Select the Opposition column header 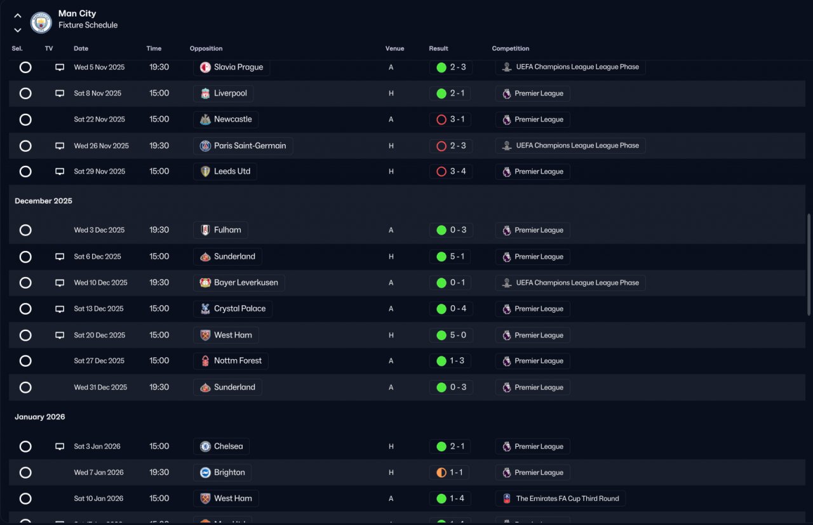click(x=206, y=48)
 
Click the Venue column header click(x=394, y=48)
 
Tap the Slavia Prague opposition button click(x=231, y=67)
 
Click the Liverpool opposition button click(x=223, y=93)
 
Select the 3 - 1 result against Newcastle click(x=450, y=119)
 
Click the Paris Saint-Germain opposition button click(x=243, y=146)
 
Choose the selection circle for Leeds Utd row click(x=25, y=172)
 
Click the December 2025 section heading click(x=44, y=201)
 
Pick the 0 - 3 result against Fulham click(x=450, y=230)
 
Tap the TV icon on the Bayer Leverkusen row click(x=60, y=283)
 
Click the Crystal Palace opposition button click(x=232, y=309)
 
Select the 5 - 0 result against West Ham click(x=450, y=335)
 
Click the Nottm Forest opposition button click(x=231, y=361)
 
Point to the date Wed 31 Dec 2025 click(x=100, y=387)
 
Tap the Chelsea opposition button click(x=221, y=446)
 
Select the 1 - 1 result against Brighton click(x=450, y=473)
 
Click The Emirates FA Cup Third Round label click(x=560, y=499)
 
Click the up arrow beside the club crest click(x=18, y=16)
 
